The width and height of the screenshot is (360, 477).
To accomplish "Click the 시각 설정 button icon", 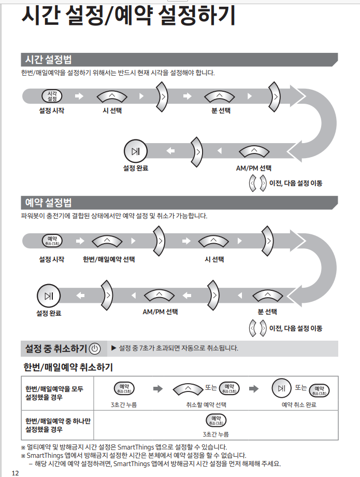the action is [x=52, y=96].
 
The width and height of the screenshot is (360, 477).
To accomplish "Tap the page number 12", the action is [x=15, y=472].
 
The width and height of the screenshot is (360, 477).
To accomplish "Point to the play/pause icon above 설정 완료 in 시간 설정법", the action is [x=135, y=151].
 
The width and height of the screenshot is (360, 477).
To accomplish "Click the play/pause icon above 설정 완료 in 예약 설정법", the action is [x=49, y=296].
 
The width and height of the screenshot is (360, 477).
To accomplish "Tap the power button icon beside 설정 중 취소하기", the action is [x=95, y=348].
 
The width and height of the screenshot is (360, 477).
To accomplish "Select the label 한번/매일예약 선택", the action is [x=106, y=259].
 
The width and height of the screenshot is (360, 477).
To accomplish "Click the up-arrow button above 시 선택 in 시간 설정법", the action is [x=112, y=96].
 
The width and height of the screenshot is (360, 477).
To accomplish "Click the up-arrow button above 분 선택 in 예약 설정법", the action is [x=267, y=296].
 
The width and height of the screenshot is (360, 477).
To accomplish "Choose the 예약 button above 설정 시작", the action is [x=52, y=241].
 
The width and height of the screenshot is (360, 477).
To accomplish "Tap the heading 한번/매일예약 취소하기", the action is [x=68, y=368].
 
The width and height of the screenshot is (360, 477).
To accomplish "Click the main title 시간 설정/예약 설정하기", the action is [x=128, y=16].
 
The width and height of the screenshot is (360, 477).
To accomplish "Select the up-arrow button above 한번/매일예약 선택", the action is [x=106, y=241].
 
